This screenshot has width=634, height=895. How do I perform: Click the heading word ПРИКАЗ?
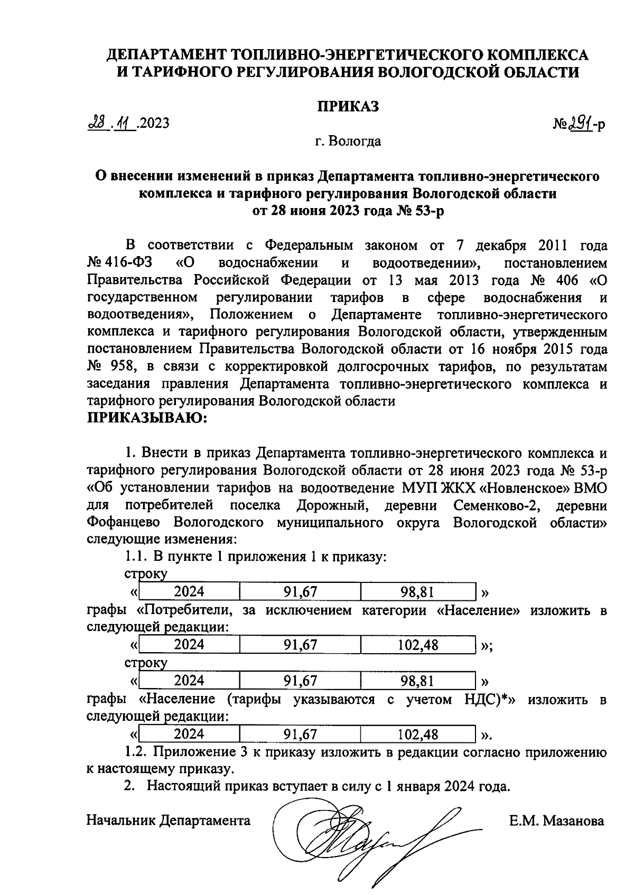point(348,106)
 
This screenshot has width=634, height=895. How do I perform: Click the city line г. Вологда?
point(348,142)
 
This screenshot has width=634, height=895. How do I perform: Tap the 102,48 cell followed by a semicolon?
point(417,645)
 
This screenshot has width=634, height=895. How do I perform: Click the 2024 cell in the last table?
point(189,734)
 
